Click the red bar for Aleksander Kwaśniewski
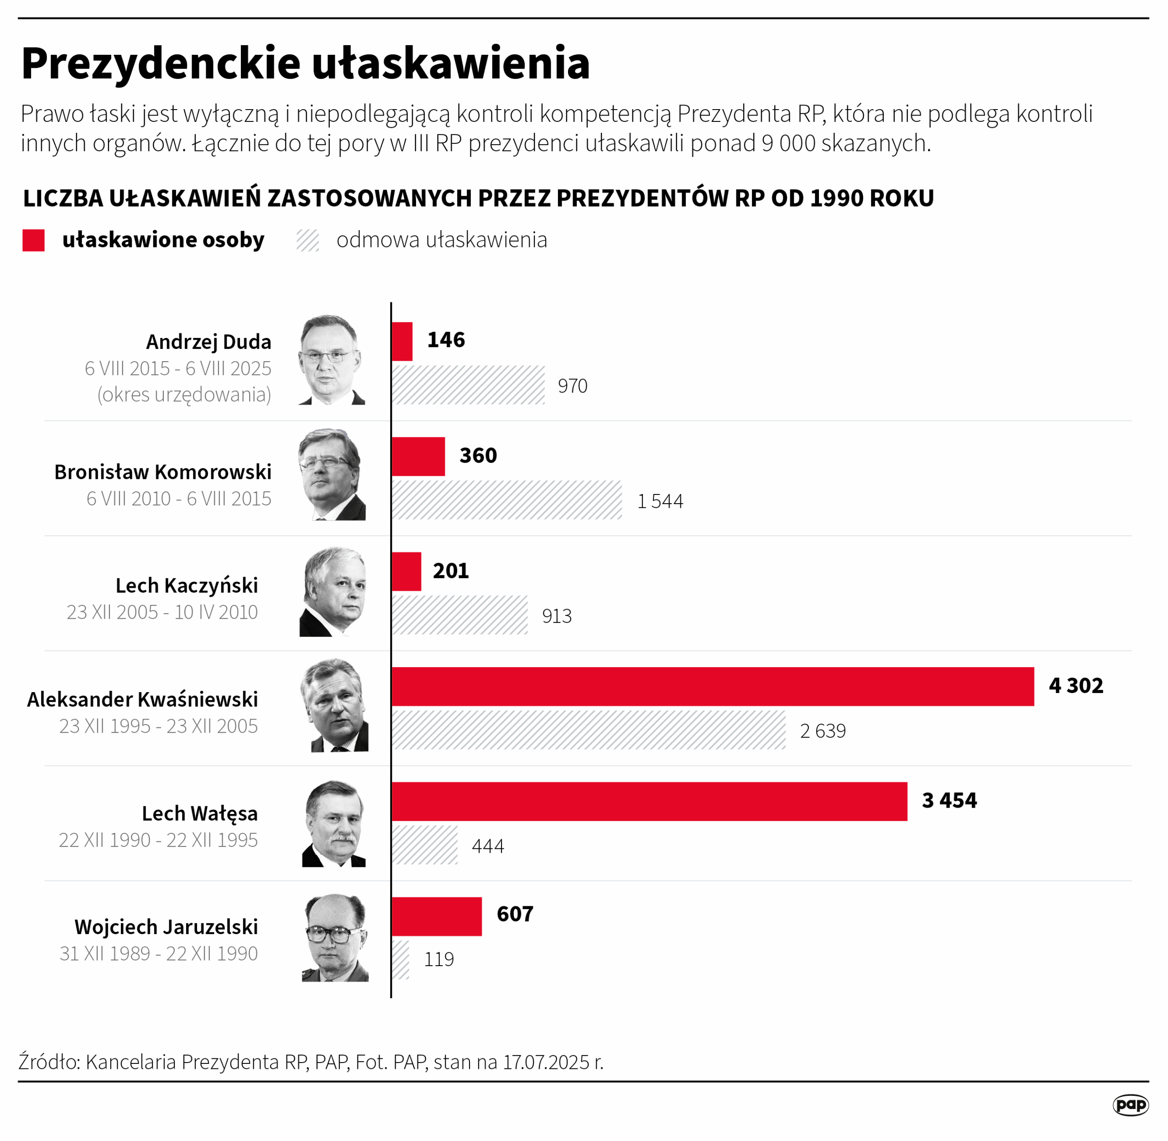click(713, 686)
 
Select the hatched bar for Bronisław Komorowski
click(507, 500)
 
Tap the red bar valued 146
click(402, 342)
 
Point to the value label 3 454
click(949, 801)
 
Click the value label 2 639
click(823, 731)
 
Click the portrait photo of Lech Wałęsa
click(334, 824)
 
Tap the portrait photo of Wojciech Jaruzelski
click(335, 938)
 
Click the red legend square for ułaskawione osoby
click(34, 240)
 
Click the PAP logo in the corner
click(1130, 1104)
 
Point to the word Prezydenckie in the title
click(161, 63)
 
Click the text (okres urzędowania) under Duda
click(184, 394)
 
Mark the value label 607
click(515, 914)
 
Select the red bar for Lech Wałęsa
click(649, 801)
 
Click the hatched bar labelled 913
click(459, 615)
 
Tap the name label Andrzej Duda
click(209, 342)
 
